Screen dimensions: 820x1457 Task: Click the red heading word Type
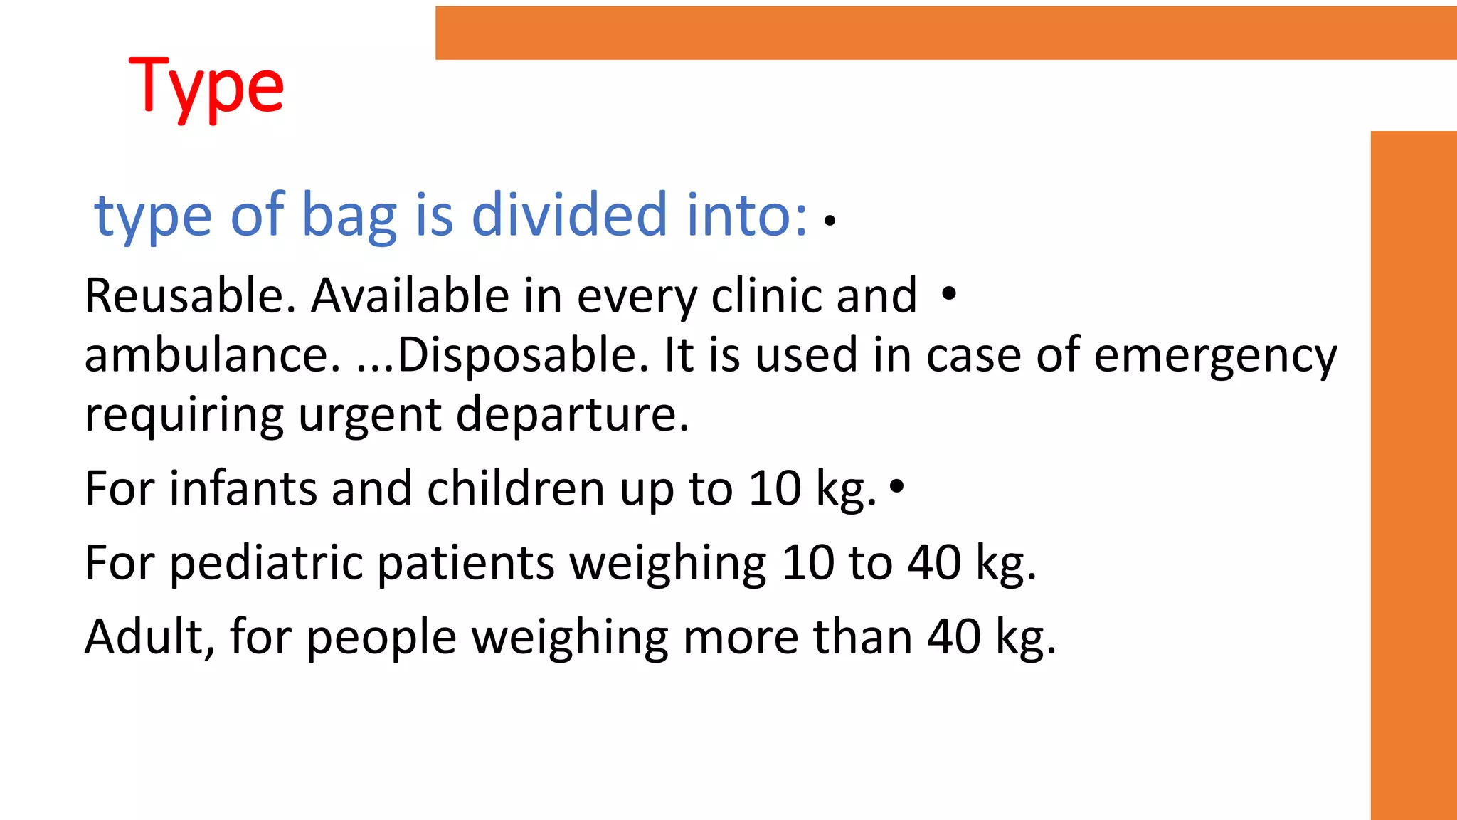206,88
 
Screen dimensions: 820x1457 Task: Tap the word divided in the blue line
569,214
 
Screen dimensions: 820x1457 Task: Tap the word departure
572,415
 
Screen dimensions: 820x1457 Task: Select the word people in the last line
381,638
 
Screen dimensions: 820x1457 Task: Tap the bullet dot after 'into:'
830,221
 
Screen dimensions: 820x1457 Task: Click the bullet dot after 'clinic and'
948,293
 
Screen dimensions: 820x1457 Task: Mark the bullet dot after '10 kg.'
897,486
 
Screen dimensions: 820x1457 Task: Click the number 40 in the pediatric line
934,562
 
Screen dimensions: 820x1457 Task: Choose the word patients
465,564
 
